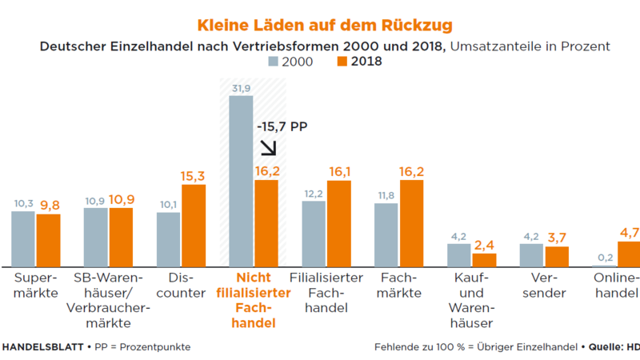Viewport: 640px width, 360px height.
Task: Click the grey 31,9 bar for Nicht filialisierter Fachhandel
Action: (x=241, y=181)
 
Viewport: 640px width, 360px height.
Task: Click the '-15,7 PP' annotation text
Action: (x=282, y=126)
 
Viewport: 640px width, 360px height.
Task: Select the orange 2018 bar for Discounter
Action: (x=194, y=225)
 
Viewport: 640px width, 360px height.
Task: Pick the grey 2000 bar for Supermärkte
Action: (x=23, y=238)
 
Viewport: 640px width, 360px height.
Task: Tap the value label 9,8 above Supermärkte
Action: (x=49, y=206)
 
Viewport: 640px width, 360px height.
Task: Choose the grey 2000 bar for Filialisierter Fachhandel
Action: (x=314, y=233)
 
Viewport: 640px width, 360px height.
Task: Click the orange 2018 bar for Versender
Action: (x=557, y=256)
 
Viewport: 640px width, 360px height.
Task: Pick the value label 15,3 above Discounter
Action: (x=194, y=176)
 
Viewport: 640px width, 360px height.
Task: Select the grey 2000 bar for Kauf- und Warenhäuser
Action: (x=459, y=254)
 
